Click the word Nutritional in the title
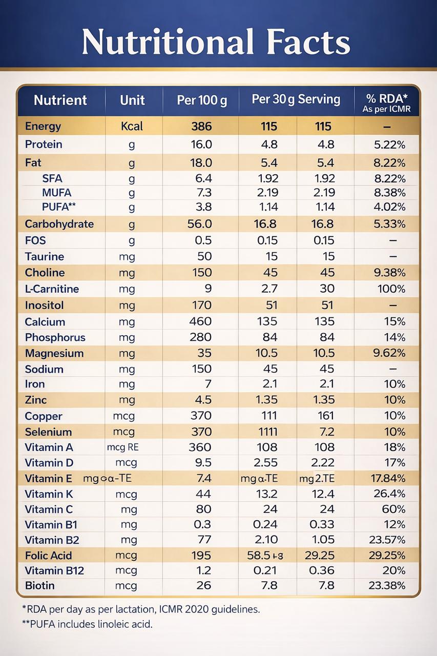168,42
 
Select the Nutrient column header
60,100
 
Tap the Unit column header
132,100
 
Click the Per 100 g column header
201,100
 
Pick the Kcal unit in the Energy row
132,127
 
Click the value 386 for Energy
201,127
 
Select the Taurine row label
45,257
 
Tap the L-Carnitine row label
52,289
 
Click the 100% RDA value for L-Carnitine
391,289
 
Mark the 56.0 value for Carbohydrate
200,224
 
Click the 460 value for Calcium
200,321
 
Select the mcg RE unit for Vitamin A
122,447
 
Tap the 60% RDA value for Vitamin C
394,509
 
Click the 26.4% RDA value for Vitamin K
390,494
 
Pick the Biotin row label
39,585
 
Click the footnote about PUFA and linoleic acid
87,624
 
